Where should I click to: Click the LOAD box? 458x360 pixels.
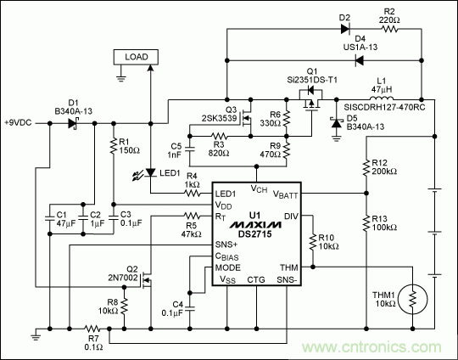(x=135, y=57)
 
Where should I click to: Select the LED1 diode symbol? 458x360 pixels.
(x=150, y=174)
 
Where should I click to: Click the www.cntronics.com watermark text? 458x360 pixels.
(x=389, y=346)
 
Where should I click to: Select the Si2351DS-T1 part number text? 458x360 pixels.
(x=311, y=78)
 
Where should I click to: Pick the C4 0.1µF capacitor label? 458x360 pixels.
(x=174, y=307)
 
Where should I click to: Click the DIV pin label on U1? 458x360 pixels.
(x=292, y=217)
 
